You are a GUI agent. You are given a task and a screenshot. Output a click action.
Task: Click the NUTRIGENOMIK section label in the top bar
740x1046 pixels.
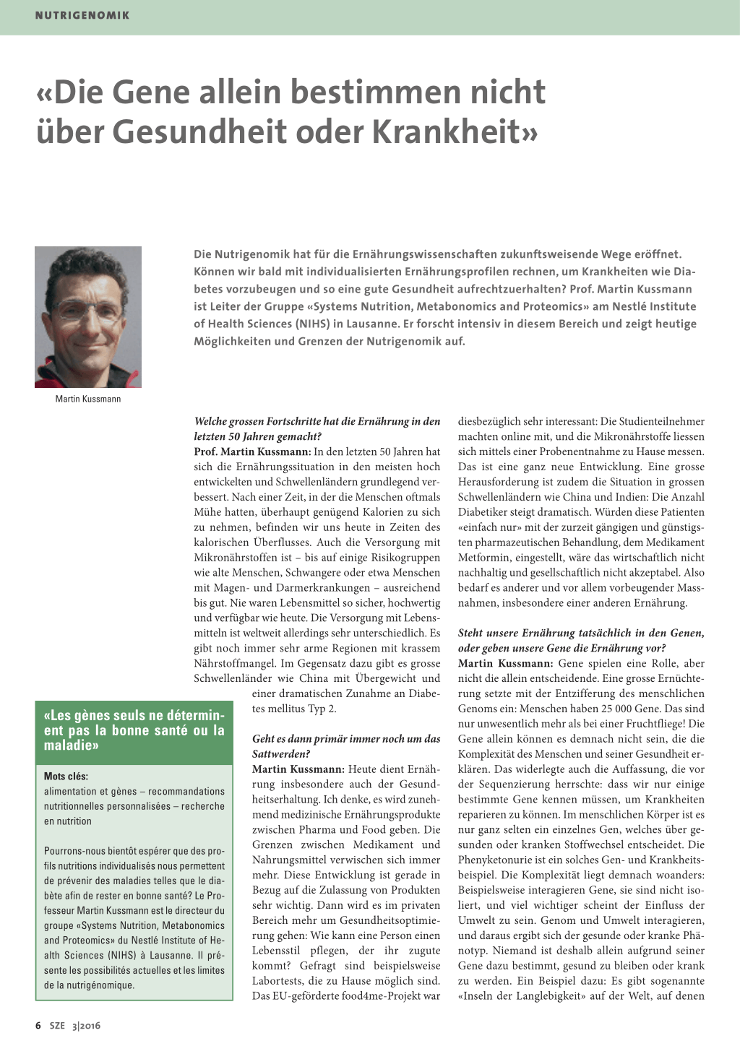82,15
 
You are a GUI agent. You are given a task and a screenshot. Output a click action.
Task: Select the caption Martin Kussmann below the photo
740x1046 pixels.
88,399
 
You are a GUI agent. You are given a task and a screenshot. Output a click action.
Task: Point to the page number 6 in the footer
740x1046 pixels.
38,1025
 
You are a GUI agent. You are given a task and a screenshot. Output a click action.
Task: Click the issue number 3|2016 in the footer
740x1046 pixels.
86,1026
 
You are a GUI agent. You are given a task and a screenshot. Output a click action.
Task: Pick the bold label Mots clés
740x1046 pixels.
66,776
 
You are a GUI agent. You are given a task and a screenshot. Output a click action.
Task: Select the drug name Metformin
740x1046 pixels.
487,558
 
